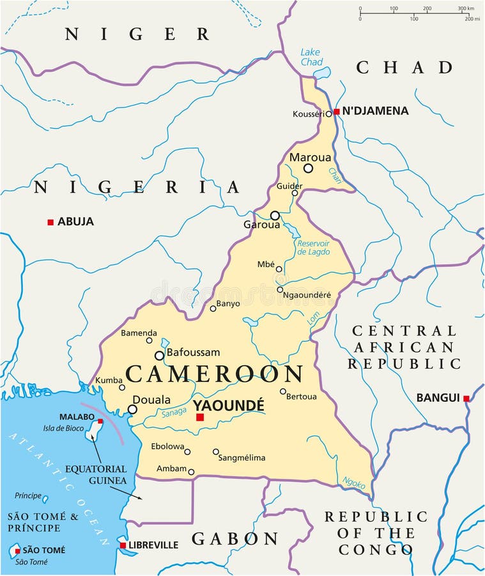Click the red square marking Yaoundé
[x=200, y=417]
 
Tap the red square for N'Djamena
[x=337, y=111]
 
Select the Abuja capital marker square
[x=50, y=222]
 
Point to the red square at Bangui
[x=466, y=398]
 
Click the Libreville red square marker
[x=123, y=545]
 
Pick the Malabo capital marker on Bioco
[x=100, y=421]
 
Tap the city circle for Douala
[x=132, y=409]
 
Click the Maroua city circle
[x=308, y=168]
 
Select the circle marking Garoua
[x=275, y=216]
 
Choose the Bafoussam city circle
[x=159, y=355]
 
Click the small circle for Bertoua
[x=283, y=391]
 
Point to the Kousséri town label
[x=308, y=114]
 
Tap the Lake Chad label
[x=311, y=57]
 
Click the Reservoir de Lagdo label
[x=314, y=247]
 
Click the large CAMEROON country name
[x=214, y=374]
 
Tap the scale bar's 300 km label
[x=465, y=8]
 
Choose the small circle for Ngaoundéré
[x=280, y=289]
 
